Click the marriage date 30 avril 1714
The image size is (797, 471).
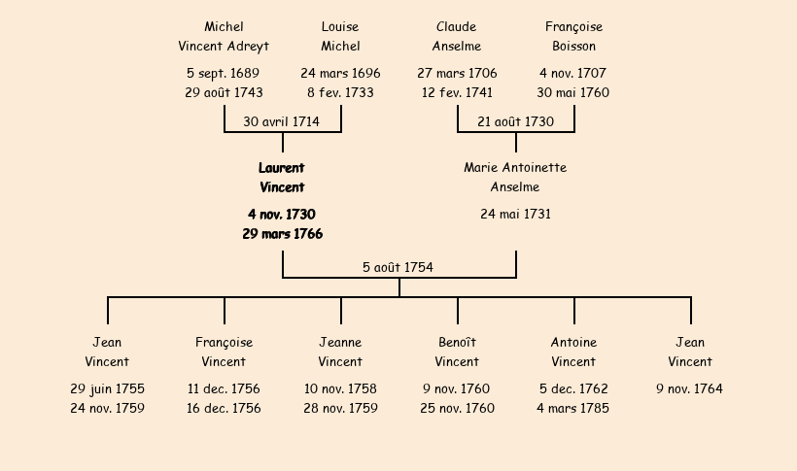coord(281,122)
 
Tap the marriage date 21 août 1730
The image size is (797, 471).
coord(515,122)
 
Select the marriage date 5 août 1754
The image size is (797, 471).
coord(398,267)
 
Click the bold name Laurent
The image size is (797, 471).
coord(282,168)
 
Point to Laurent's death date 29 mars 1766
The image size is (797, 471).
coord(283,234)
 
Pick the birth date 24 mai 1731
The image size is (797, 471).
coord(515,214)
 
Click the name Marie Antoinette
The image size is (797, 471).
coord(515,168)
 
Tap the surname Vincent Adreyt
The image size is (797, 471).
coord(224,47)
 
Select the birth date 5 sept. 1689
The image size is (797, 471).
coord(224,73)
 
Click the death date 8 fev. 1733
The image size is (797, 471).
coord(340,92)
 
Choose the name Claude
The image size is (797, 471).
coord(457,27)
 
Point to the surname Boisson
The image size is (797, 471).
coord(573,47)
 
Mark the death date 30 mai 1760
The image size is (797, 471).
coord(573,92)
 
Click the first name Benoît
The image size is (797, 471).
coord(457,343)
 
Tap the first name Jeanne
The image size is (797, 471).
coord(340,343)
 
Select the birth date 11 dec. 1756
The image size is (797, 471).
coord(224,388)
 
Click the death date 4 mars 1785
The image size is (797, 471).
coord(572,408)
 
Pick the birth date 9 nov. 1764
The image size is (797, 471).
coord(690,388)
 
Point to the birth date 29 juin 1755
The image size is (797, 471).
coord(107,389)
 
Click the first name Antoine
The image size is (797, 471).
coord(573,343)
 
